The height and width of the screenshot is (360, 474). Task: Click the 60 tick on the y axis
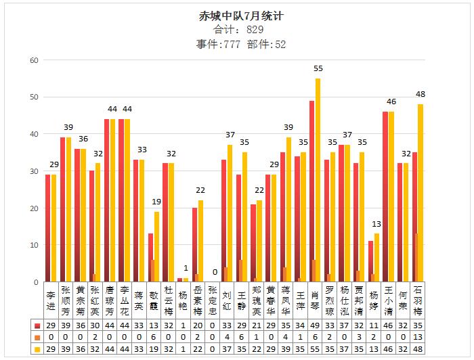point(33,60)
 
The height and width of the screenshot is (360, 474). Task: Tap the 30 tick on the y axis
point(33,171)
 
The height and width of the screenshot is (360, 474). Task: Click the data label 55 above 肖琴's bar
point(318,68)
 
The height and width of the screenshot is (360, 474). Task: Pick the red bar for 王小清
point(385,196)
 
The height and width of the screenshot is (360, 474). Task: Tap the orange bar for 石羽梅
point(417,258)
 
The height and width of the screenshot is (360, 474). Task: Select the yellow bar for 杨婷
point(376,258)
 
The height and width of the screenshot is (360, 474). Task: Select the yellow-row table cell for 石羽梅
point(418,348)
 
